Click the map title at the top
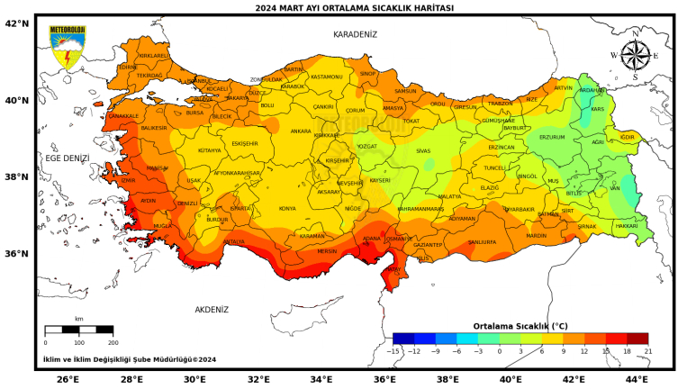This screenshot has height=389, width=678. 354,8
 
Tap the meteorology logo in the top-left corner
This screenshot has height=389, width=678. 67,48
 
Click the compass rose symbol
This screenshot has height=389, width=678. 635,55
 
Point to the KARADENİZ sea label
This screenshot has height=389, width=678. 355,34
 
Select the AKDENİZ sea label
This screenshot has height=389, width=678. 212,309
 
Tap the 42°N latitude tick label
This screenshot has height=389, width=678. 17,23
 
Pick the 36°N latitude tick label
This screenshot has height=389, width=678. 17,253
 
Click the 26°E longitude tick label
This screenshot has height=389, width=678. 68,379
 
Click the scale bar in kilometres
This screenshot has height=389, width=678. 79,330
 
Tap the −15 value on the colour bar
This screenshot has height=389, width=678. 393,350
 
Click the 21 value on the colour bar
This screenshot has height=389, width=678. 646,350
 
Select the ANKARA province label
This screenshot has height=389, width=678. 301,131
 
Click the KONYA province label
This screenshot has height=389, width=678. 287,208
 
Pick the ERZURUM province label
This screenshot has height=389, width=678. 551,137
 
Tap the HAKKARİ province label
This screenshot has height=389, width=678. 626,225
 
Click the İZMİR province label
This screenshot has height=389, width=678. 127,180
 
